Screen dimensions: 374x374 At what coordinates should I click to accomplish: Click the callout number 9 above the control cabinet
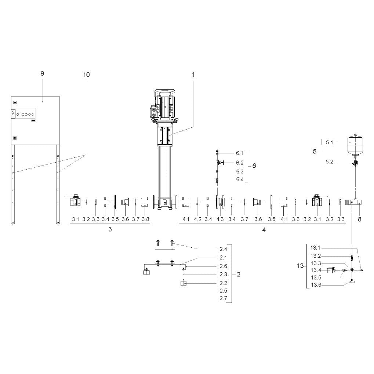(x=43, y=73)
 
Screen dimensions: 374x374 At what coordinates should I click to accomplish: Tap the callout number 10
(x=86, y=75)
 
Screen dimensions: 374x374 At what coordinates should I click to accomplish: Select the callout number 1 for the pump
(x=193, y=75)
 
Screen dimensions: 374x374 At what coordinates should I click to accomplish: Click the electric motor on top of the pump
(x=164, y=105)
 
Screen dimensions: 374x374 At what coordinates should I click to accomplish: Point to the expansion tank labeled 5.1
(x=355, y=144)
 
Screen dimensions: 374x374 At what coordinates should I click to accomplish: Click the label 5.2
(x=329, y=162)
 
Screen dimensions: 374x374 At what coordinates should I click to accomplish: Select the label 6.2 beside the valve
(x=240, y=163)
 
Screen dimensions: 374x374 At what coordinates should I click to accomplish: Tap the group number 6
(x=254, y=166)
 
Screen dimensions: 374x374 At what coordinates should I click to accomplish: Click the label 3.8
(x=145, y=219)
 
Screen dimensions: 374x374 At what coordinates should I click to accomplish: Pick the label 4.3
(x=220, y=219)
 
